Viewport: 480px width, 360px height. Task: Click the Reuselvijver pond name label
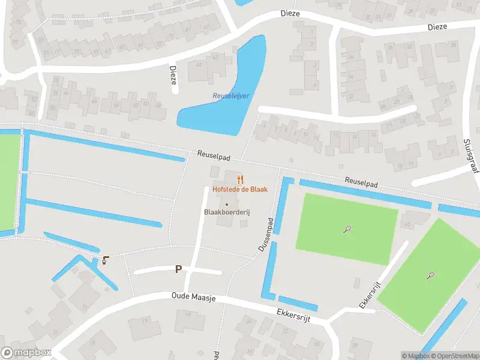[x=230, y=96]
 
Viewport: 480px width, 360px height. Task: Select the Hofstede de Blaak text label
[x=240, y=189]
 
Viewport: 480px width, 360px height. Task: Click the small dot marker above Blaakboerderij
[x=226, y=205]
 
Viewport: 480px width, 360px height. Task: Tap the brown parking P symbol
[x=178, y=269]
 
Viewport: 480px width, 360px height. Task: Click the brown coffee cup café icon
[x=106, y=260]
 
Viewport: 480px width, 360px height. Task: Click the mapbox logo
[x=26, y=353]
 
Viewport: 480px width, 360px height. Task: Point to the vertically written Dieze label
[x=173, y=75]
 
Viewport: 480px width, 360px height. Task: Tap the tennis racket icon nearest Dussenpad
[x=347, y=229]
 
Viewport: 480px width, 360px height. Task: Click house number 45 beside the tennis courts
[x=408, y=224]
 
